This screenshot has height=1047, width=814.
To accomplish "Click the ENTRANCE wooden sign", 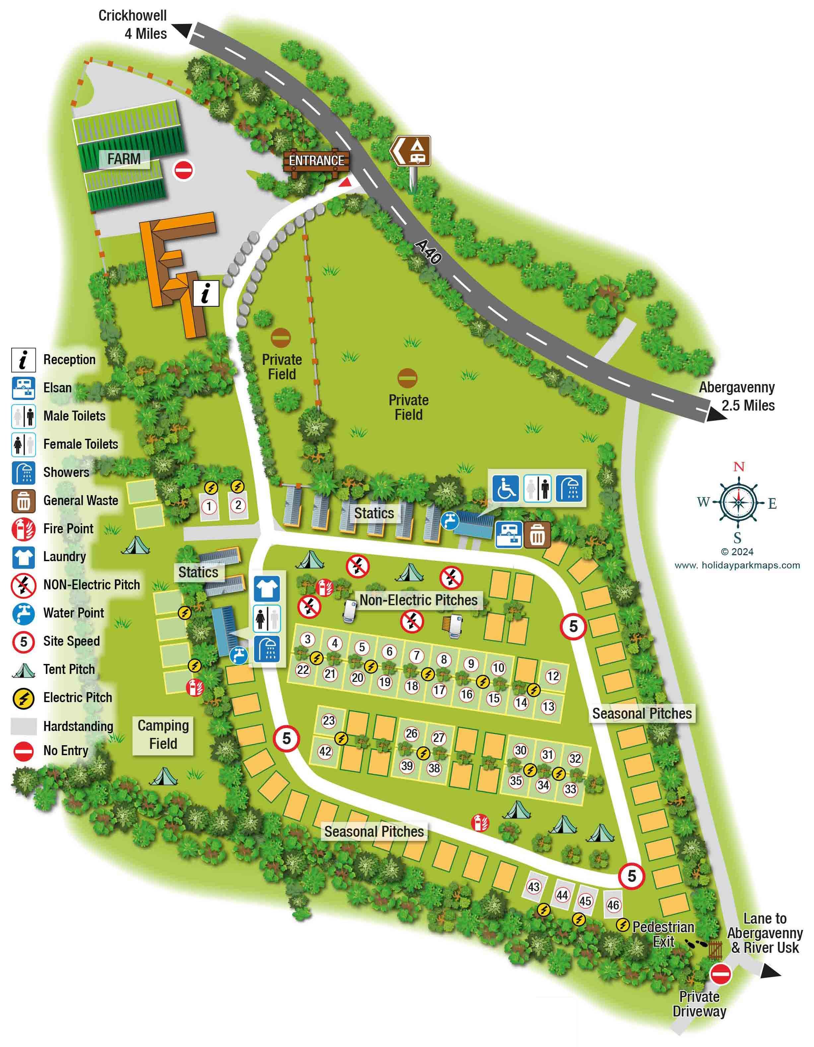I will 316,160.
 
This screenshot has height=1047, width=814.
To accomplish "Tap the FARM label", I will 124,159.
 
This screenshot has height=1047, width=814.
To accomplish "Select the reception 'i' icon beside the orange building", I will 206,294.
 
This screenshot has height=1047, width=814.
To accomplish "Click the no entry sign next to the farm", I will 184,170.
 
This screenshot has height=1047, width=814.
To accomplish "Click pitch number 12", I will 553,676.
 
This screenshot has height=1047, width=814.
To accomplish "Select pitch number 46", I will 613,905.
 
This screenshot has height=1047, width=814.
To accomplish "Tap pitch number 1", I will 209,506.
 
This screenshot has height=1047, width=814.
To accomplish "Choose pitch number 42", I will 325,751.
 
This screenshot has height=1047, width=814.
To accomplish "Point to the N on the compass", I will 739,466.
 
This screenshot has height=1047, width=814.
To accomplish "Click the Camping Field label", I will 163,735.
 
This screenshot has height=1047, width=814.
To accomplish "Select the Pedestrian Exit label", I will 663,934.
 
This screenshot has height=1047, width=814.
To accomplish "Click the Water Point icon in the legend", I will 23,613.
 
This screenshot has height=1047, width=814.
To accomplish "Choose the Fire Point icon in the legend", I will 23,529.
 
